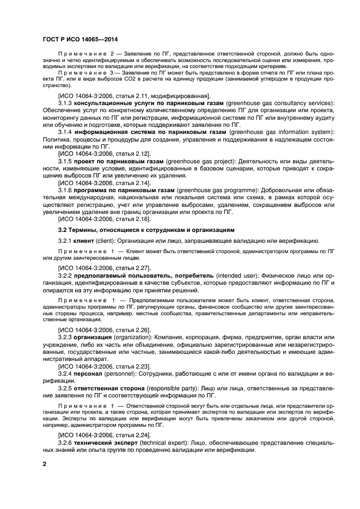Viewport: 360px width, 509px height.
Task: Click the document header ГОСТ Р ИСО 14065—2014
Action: pyautogui.click(x=80, y=39)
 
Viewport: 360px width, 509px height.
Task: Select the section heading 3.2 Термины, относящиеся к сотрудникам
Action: pyautogui.click(x=147, y=230)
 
